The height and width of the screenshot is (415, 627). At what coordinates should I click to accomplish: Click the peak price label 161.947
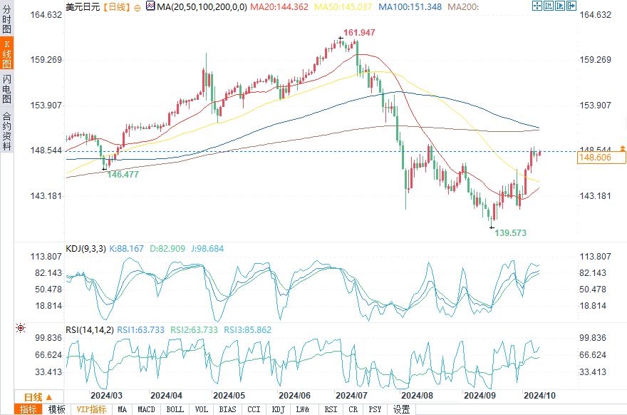[359, 34]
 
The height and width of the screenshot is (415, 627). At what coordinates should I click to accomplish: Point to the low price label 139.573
[511, 233]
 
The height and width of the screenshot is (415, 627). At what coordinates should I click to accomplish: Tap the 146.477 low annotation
[123, 175]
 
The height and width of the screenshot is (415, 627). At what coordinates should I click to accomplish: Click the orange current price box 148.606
[596, 158]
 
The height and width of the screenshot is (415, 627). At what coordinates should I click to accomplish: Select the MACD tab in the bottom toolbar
[146, 409]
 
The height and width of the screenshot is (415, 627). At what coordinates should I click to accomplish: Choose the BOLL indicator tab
[174, 409]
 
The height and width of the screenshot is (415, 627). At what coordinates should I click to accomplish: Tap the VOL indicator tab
[202, 409]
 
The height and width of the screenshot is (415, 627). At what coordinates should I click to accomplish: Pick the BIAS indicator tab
[227, 409]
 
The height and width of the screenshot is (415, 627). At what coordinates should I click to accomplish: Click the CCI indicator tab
[254, 409]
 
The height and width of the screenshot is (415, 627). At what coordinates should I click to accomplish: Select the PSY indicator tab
[375, 409]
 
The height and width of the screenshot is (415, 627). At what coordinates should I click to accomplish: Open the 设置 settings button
[401, 409]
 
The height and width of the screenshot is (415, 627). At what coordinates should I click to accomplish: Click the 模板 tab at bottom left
[56, 409]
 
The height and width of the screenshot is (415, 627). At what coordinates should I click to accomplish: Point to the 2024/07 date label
[351, 395]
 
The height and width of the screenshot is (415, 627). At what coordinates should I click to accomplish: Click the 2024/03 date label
[106, 395]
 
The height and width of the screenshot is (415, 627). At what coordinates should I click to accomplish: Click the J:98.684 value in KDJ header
[207, 249]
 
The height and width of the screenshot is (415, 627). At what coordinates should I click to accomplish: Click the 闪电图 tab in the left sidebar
[7, 88]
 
